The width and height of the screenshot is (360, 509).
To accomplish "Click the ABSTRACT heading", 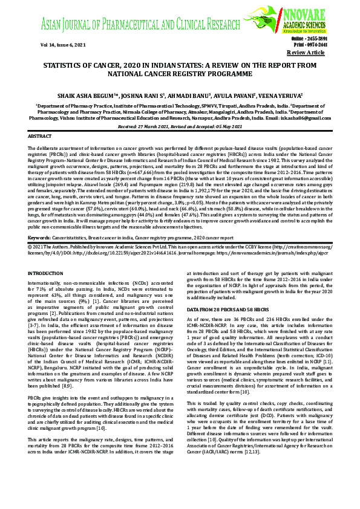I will [40, 137].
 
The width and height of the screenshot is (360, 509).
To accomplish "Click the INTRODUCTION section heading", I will [45, 274].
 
